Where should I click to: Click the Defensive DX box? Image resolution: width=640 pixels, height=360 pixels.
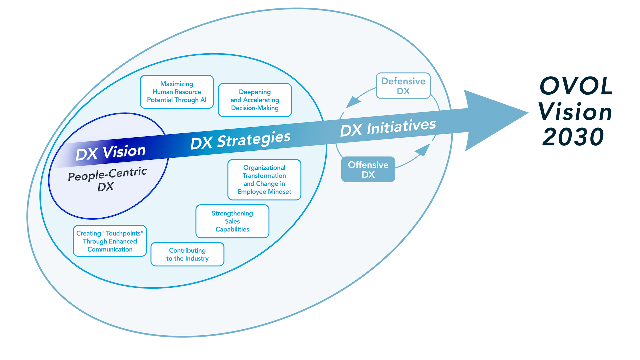(x=403, y=86)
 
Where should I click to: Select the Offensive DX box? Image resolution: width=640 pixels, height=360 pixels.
(x=368, y=169)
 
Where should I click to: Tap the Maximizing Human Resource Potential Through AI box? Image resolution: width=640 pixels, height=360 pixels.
(x=177, y=92)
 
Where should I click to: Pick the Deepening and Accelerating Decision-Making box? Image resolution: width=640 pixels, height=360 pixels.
(x=255, y=100)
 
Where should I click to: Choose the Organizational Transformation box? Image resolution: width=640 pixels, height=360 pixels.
(x=264, y=180)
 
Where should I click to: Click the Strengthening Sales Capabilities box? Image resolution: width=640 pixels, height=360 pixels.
(x=232, y=221)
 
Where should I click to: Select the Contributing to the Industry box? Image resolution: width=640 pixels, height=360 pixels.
(x=187, y=254)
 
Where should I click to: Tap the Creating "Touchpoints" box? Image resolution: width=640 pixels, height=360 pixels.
(x=110, y=241)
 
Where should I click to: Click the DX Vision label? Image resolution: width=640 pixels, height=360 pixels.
(x=110, y=152)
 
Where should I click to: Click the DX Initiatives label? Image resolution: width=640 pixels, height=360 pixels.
(x=388, y=127)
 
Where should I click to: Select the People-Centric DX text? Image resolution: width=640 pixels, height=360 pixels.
(x=107, y=179)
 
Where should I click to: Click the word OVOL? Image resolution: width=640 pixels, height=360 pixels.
(x=576, y=86)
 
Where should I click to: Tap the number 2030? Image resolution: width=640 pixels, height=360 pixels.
(x=573, y=137)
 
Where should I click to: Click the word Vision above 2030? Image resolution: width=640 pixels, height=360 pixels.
(x=575, y=112)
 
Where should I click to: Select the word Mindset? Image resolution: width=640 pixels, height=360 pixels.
(x=279, y=192)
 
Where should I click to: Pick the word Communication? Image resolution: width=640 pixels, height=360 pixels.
(x=110, y=249)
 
